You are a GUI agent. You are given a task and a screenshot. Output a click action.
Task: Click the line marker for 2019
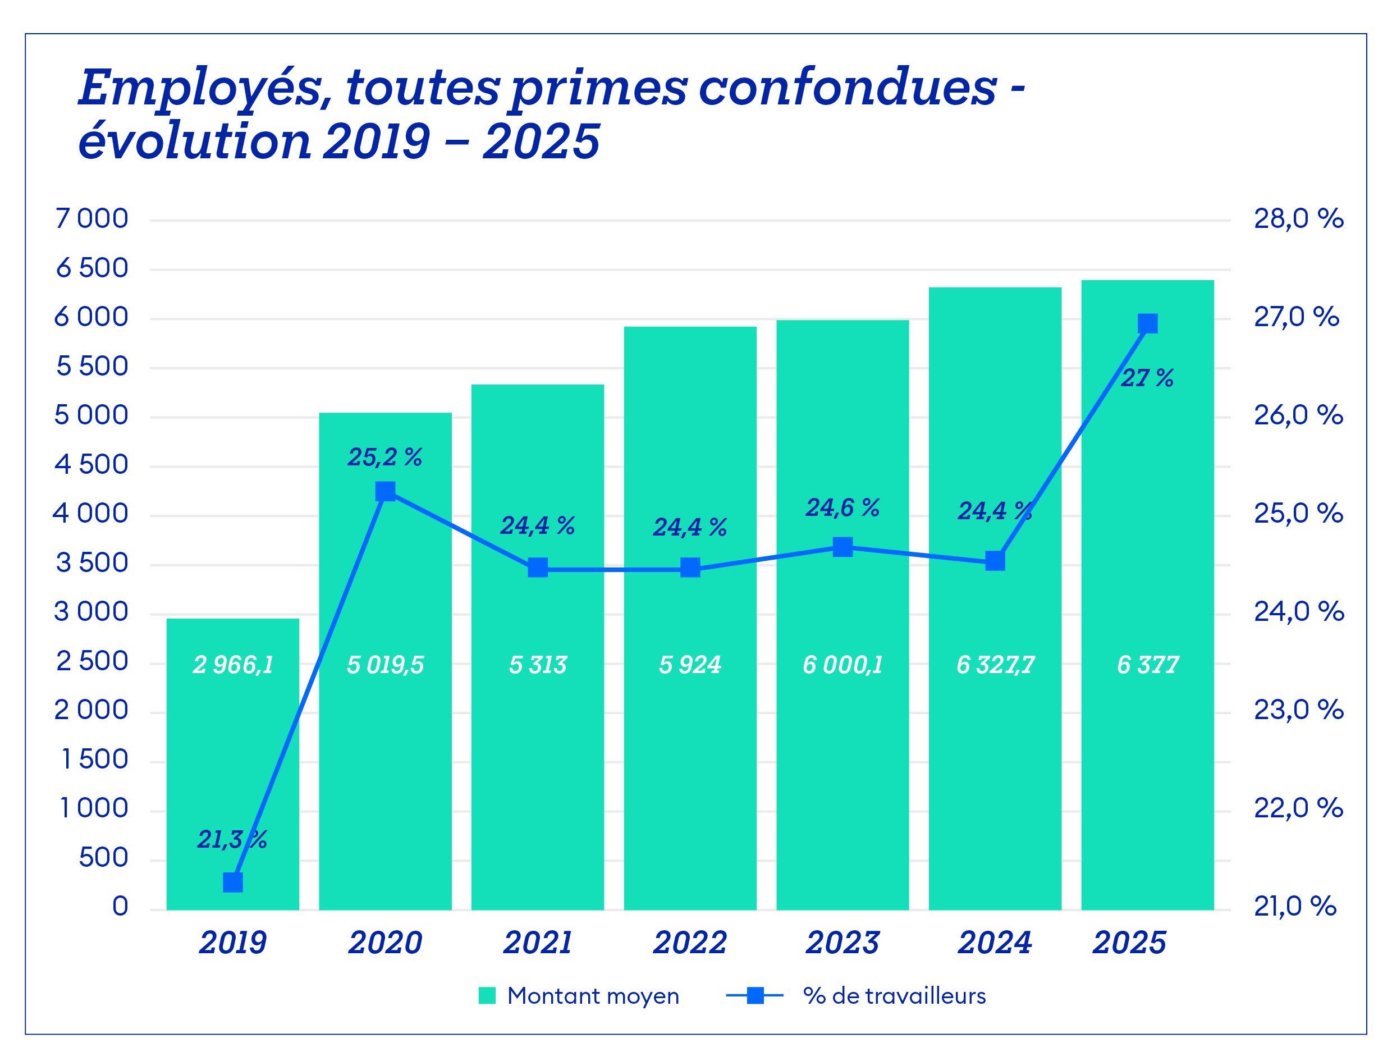(233, 882)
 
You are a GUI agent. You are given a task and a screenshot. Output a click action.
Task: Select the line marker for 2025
(1147, 324)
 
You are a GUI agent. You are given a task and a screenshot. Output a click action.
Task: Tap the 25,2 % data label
(384, 457)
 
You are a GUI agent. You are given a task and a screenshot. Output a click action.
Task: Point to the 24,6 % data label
(842, 507)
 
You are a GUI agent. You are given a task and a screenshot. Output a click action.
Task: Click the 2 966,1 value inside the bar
(233, 665)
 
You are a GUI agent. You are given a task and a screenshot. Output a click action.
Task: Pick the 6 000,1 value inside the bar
(842, 665)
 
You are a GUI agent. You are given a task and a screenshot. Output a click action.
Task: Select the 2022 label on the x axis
(689, 943)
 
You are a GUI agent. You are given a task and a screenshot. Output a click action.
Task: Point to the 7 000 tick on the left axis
(92, 219)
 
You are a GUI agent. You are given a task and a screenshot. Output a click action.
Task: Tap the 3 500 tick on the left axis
(92, 562)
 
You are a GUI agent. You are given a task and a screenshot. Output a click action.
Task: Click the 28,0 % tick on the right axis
(1298, 219)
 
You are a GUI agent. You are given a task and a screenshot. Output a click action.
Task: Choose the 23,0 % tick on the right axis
(1298, 711)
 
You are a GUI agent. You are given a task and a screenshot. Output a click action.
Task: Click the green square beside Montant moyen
(487, 996)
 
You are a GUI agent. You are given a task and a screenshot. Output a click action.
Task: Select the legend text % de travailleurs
(894, 996)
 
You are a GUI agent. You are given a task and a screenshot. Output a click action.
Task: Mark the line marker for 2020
(385, 491)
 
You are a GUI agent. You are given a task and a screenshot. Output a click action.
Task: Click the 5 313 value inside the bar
(538, 665)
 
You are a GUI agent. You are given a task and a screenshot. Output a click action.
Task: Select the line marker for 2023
(842, 547)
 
